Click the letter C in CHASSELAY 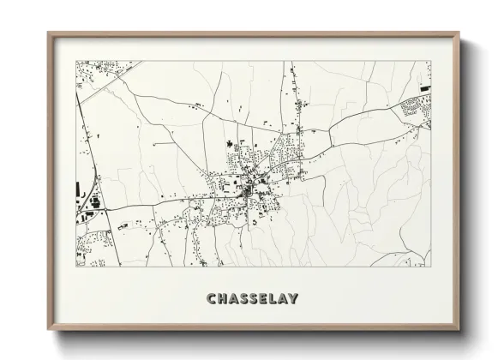tap(211, 298)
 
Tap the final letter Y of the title tap(294, 298)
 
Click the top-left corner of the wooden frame tap(48, 33)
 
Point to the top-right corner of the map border tap(430, 61)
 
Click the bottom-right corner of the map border tap(430, 266)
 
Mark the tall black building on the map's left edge tap(79, 188)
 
